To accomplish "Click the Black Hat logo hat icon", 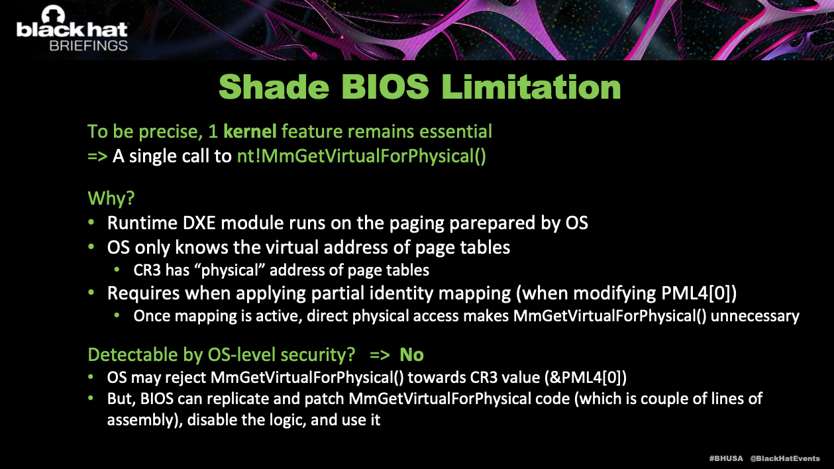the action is pyautogui.click(x=53, y=15).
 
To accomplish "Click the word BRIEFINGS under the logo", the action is pyautogui.click(x=89, y=46).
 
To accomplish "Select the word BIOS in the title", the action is pyautogui.click(x=385, y=86).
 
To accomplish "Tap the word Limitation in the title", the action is pyautogui.click(x=531, y=86).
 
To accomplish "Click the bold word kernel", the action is pyautogui.click(x=250, y=131).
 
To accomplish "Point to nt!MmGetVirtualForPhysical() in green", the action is pyautogui.click(x=362, y=156).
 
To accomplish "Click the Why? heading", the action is pyautogui.click(x=111, y=197).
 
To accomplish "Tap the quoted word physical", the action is pyautogui.click(x=230, y=270).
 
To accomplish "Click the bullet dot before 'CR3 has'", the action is pyautogui.click(x=117, y=270).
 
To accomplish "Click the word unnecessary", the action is pyautogui.click(x=755, y=316).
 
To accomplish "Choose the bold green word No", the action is pyautogui.click(x=411, y=354).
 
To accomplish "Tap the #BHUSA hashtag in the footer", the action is pyautogui.click(x=726, y=458).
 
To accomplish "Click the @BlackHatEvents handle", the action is pyautogui.click(x=785, y=458).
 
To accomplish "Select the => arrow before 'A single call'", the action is pyautogui.click(x=97, y=156).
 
